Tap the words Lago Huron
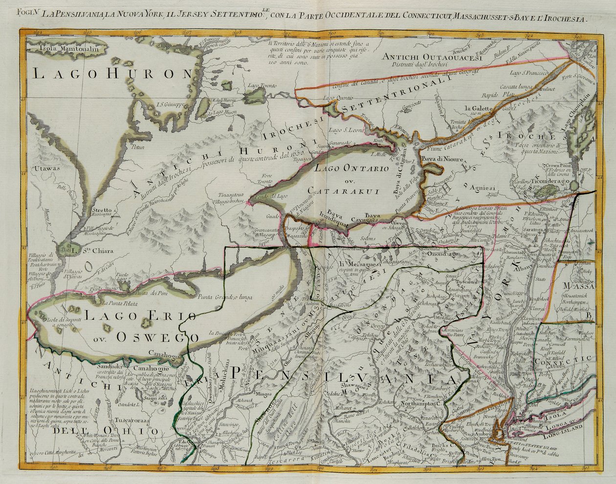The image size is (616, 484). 113,74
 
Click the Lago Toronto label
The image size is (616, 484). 264,86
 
